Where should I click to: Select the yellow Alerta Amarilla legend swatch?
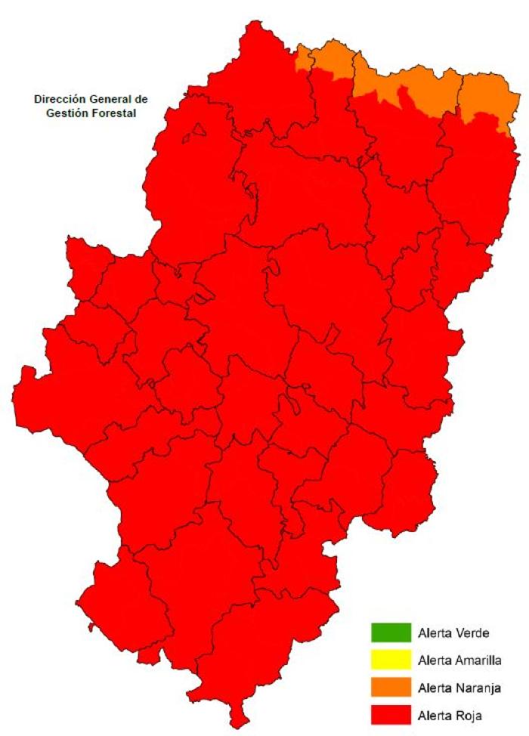[x=390, y=660]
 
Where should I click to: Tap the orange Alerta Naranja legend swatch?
[x=390, y=687]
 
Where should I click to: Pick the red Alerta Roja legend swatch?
[x=390, y=714]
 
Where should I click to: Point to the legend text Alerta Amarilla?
[x=459, y=660]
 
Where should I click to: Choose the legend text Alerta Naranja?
[x=459, y=687]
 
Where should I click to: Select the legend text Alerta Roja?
[x=450, y=714]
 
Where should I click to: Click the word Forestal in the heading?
[x=111, y=113]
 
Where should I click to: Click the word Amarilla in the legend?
[x=479, y=660]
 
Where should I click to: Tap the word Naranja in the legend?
[x=479, y=687]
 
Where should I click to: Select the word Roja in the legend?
[x=469, y=714]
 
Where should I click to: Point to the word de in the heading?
[x=141, y=99]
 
